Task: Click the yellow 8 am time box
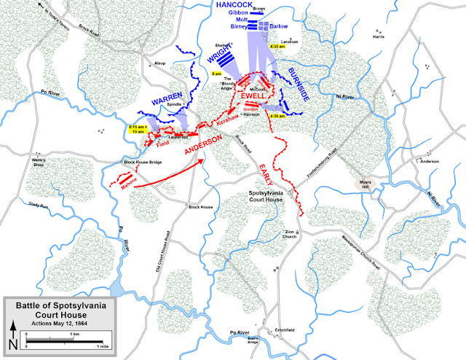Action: point(216,74)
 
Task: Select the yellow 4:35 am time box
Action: point(277,47)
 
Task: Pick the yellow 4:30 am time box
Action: point(277,116)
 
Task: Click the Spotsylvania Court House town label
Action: point(266,197)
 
